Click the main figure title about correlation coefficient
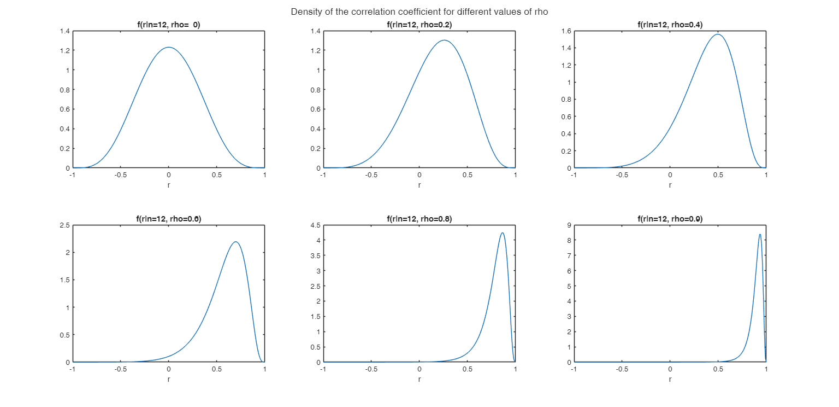click(x=419, y=11)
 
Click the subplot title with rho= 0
click(x=168, y=25)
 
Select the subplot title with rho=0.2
click(x=419, y=25)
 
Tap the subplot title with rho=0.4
click(x=670, y=25)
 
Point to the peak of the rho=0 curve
click(x=169, y=47)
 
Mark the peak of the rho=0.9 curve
click(x=760, y=234)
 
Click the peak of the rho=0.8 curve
click(x=502, y=232)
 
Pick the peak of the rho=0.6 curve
click(x=235, y=242)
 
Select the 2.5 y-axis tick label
click(x=63, y=225)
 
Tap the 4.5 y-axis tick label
click(x=314, y=225)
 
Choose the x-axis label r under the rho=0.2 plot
click(x=419, y=185)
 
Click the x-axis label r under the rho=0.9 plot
click(x=670, y=379)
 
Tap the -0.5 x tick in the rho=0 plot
click(x=120, y=176)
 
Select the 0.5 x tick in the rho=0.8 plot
click(x=467, y=369)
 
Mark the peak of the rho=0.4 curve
click(x=718, y=34)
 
